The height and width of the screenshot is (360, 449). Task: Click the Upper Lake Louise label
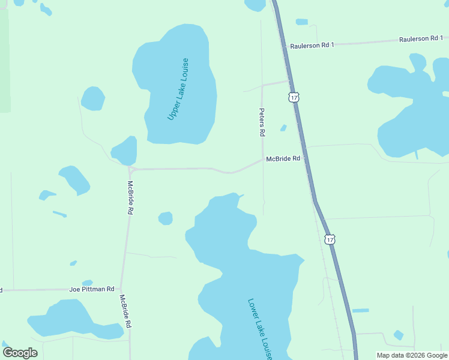coord(178,89)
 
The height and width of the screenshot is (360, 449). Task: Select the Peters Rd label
coord(262,122)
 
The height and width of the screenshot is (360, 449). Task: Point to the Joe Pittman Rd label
coord(91,289)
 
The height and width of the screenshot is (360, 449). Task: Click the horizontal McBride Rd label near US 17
coord(283,159)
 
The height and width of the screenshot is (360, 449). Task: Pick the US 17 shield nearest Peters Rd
coord(293,97)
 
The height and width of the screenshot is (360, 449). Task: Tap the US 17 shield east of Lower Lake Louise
coord(330,239)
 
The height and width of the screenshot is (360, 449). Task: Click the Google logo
coord(20,353)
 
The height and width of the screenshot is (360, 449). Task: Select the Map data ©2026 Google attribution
coord(412,355)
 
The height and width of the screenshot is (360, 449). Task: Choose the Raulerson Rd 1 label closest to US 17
coord(312,46)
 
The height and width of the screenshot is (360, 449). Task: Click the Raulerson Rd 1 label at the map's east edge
coord(421,39)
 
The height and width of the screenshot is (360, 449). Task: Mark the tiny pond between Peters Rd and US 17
coord(283,127)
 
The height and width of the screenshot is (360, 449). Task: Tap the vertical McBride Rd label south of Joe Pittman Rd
coord(125,311)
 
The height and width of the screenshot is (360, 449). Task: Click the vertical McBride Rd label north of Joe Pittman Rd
coord(130,198)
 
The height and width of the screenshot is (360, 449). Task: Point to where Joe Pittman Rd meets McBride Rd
coord(122,289)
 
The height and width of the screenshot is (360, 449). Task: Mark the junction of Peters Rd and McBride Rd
coord(262,161)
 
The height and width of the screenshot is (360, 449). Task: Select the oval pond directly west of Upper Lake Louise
coord(93,99)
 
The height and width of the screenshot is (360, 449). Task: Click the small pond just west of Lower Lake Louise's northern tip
coord(166,218)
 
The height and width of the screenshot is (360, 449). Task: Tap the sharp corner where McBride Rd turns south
coord(131,170)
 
